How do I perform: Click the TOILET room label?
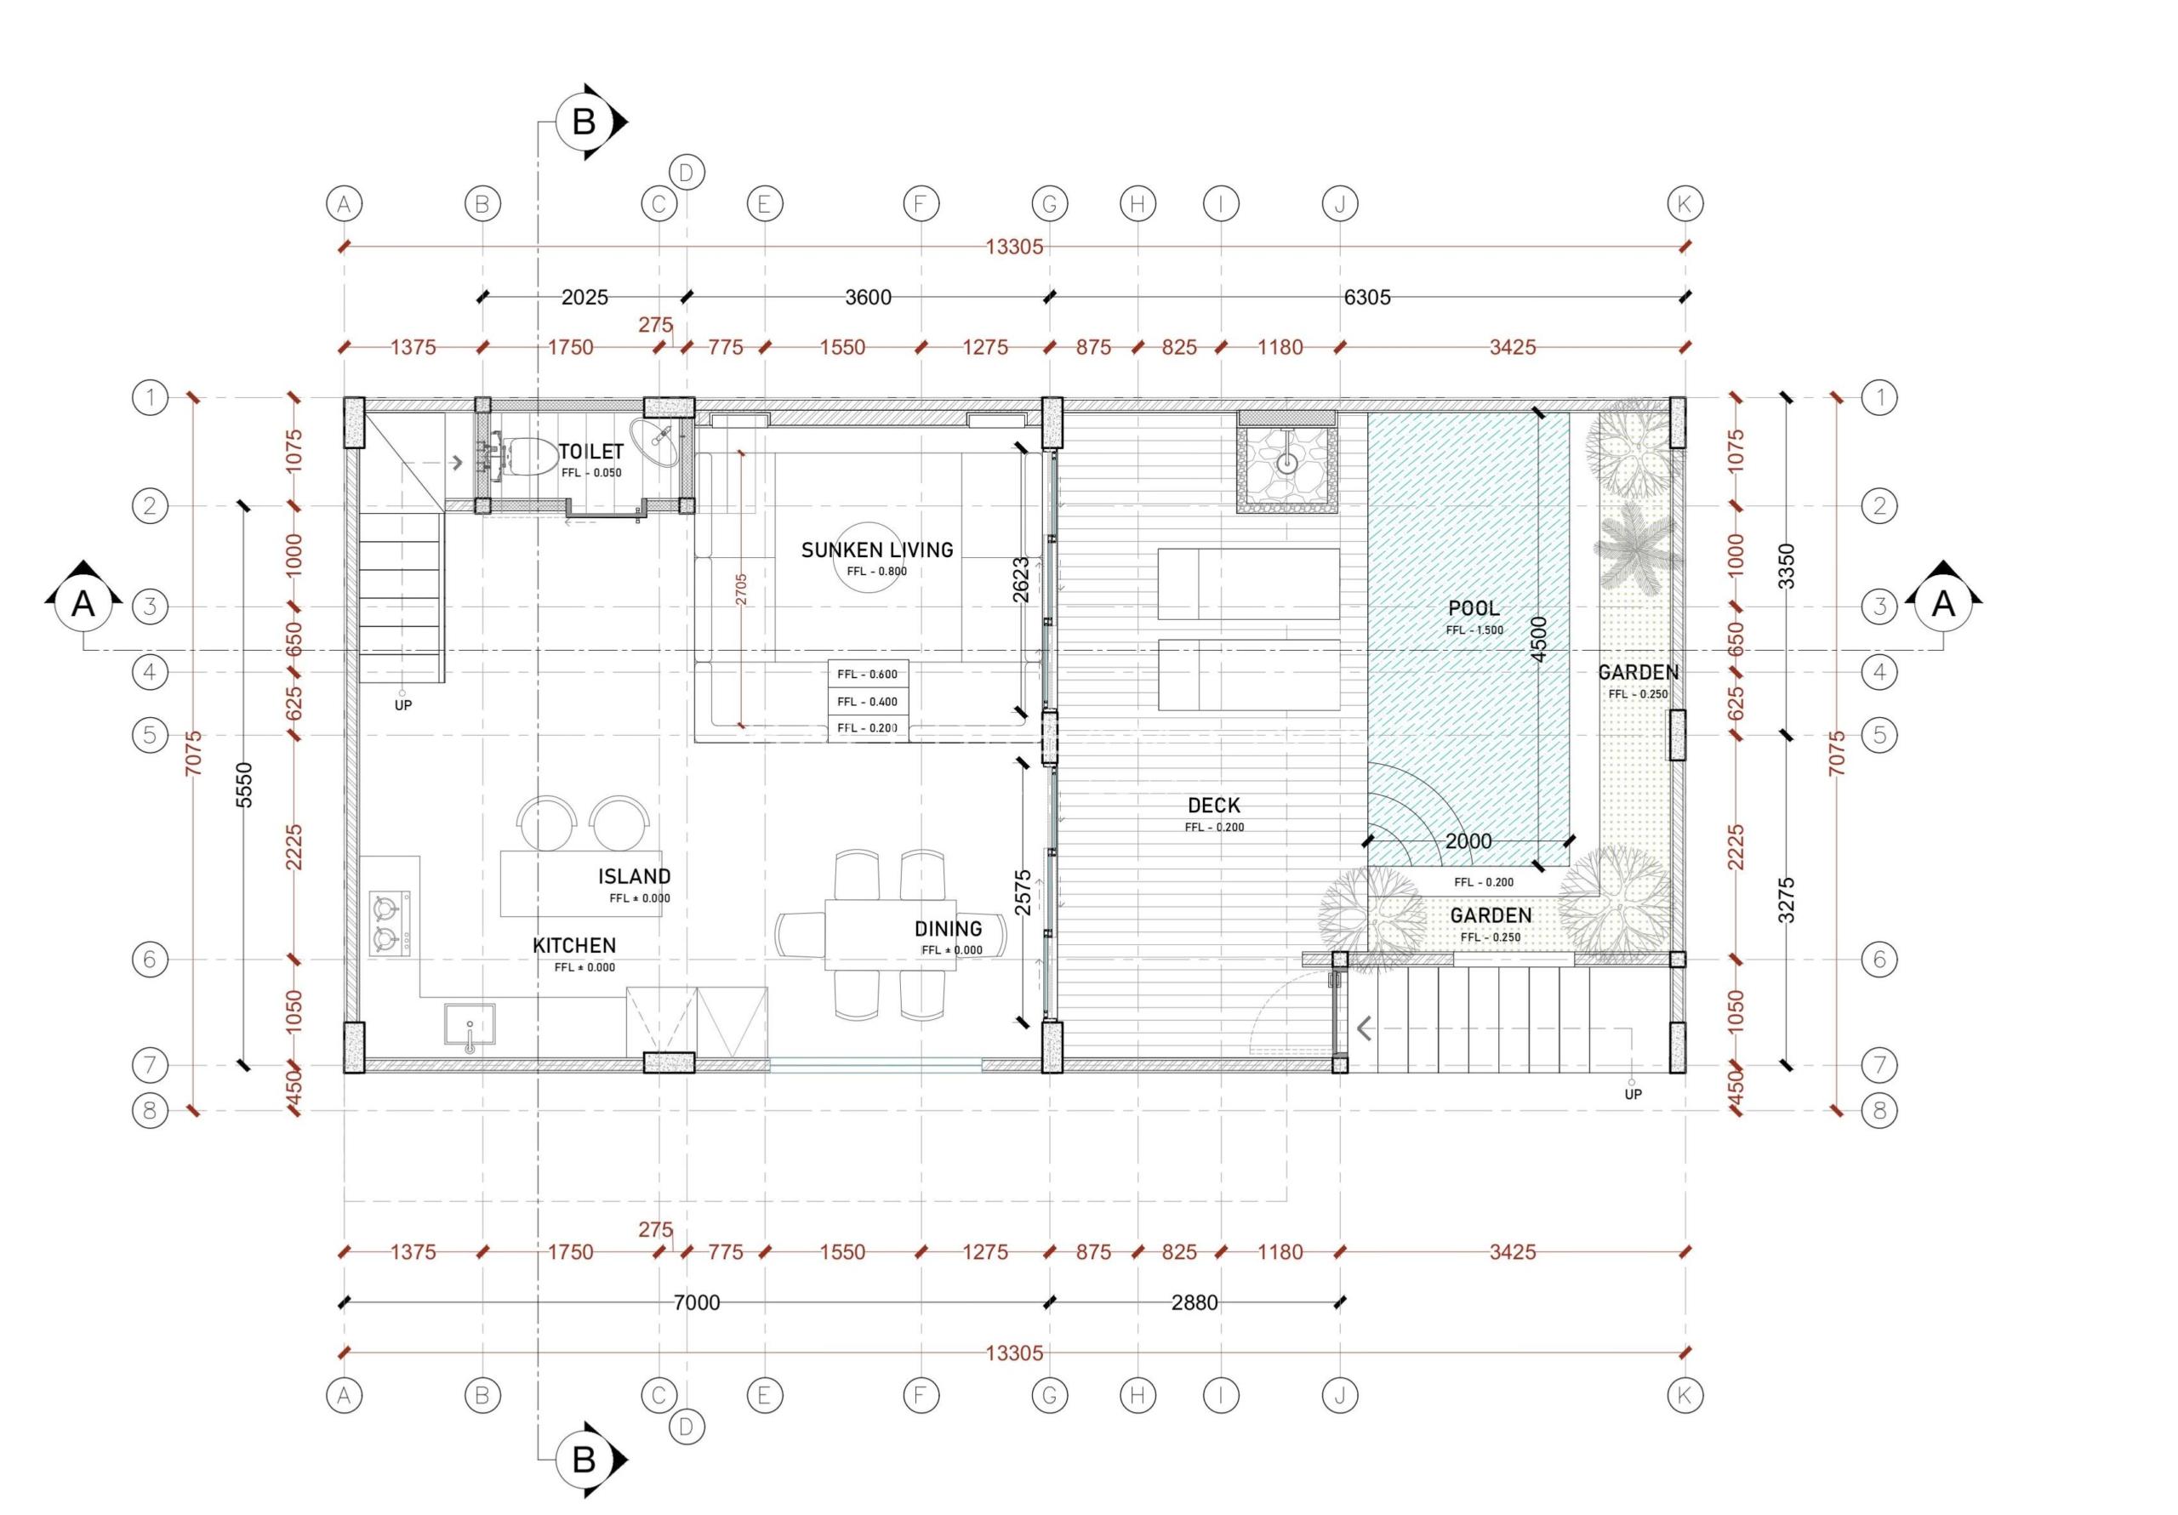pyautogui.click(x=591, y=452)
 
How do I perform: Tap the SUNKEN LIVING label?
pyautogui.click(x=876, y=550)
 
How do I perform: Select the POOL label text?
pyautogui.click(x=1474, y=608)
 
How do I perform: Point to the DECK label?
pyautogui.click(x=1213, y=806)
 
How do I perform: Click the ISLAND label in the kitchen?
pyautogui.click(x=634, y=876)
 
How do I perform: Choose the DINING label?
pyautogui.click(x=948, y=929)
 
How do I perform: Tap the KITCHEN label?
pyautogui.click(x=574, y=946)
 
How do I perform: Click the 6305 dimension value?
pyautogui.click(x=1367, y=297)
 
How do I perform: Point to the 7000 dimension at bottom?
pyautogui.click(x=696, y=1302)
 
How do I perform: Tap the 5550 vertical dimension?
pyautogui.click(x=244, y=784)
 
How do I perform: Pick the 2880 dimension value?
pyautogui.click(x=1194, y=1302)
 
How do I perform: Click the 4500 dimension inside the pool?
pyautogui.click(x=1539, y=639)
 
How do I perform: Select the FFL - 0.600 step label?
pyautogui.click(x=867, y=675)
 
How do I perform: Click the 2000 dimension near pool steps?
pyautogui.click(x=1468, y=841)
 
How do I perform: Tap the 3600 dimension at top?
pyautogui.click(x=868, y=297)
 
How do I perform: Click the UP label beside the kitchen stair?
pyautogui.click(x=403, y=706)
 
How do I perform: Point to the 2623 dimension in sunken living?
pyautogui.click(x=1021, y=579)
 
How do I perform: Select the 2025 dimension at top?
pyautogui.click(x=584, y=297)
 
